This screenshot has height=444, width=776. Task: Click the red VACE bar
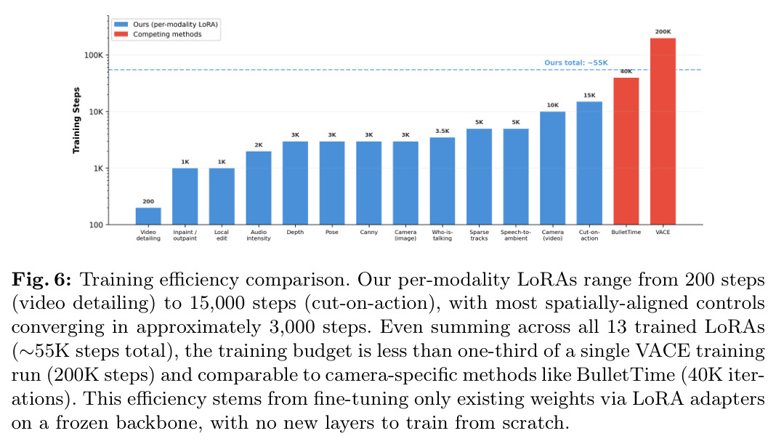(x=663, y=132)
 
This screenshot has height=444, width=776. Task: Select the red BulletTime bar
(x=626, y=151)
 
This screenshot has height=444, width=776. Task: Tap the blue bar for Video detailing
(x=148, y=217)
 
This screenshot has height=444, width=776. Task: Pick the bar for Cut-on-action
(x=589, y=164)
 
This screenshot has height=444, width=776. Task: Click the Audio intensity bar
(x=259, y=188)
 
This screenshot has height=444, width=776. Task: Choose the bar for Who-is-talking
(x=442, y=181)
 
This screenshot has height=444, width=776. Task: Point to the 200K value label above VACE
(x=663, y=32)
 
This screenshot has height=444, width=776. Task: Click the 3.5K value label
(x=442, y=132)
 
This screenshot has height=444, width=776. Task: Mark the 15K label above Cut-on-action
(x=589, y=95)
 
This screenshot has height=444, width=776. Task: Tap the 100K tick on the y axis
(x=94, y=55)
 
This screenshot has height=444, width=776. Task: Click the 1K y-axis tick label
(x=99, y=169)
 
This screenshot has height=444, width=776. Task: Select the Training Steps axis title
(x=76, y=121)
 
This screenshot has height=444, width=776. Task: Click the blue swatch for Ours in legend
(x=121, y=24)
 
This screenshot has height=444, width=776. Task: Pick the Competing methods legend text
(x=167, y=34)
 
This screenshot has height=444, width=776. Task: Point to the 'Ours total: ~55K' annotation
(x=576, y=63)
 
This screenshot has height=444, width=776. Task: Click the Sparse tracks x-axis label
(x=479, y=235)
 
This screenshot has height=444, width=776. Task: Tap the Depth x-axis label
(x=296, y=232)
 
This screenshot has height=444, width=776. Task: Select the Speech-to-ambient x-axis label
(x=516, y=235)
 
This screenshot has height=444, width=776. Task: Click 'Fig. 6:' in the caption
(x=41, y=280)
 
